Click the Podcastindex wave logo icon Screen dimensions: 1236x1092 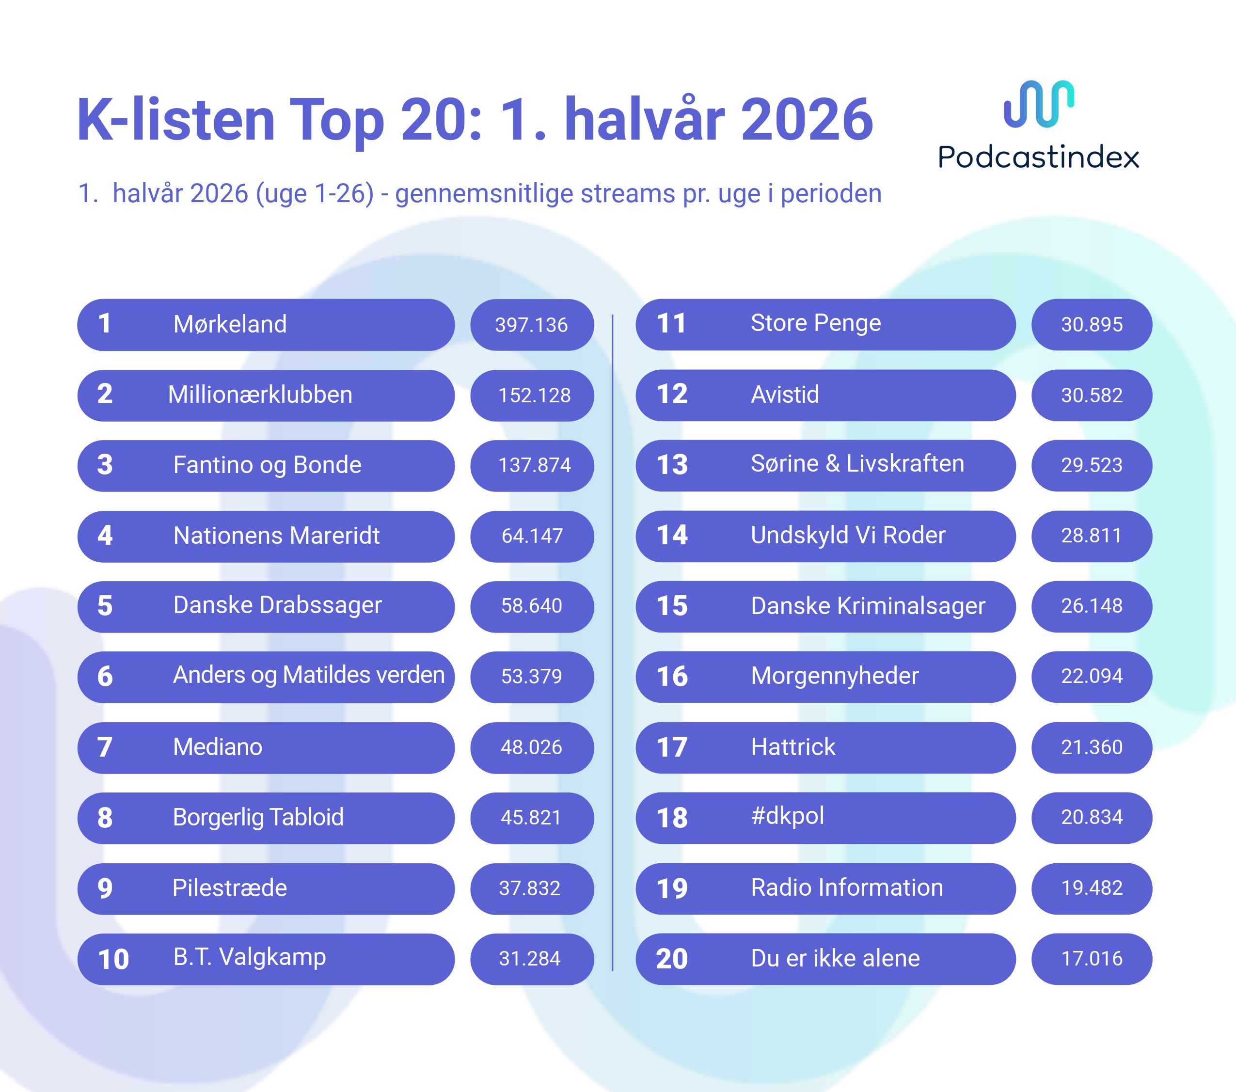coord(1039,104)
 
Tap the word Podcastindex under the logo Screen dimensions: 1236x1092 coord(1038,157)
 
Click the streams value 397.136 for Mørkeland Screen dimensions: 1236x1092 coord(532,325)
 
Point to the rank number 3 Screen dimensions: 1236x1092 coord(105,465)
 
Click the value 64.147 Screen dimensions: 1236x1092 coord(532,536)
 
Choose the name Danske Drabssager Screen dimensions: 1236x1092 coord(278,606)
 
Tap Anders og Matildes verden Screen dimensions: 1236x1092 coord(309,675)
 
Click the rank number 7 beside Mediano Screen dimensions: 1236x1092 coord(105,747)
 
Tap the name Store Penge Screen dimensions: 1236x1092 coord(816,323)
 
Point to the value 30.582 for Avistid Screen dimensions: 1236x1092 coord(1092,396)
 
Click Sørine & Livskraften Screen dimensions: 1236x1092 coord(857,464)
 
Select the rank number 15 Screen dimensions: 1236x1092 coord(672,606)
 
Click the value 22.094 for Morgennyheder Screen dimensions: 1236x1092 coord(1092,676)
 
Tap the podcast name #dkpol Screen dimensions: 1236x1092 coord(787,816)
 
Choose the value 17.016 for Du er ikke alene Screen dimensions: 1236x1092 coord(1092,958)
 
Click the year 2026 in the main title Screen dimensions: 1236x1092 coord(807,120)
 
